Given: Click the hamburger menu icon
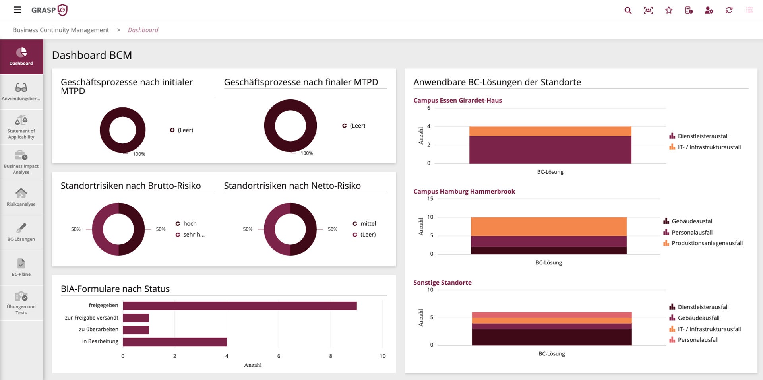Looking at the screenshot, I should (x=17, y=10).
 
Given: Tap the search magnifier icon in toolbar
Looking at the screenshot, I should (x=628, y=10).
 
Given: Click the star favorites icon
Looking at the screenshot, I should (x=669, y=10).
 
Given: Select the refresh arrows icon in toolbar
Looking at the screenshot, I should (x=729, y=10).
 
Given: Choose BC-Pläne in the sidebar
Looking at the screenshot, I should (x=21, y=268).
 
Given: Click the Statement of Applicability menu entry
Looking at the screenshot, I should (x=21, y=127).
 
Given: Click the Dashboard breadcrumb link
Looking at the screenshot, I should (x=143, y=30).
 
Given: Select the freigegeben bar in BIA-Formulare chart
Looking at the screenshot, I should (x=240, y=306).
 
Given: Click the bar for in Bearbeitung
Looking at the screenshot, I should (x=175, y=342).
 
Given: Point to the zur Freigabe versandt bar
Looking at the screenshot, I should (x=136, y=318).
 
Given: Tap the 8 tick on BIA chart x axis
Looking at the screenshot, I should (x=331, y=356).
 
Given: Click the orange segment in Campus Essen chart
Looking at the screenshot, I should (x=550, y=131).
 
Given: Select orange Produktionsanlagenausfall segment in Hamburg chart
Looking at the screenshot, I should (x=548, y=227).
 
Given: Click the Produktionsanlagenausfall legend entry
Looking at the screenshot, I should (x=707, y=243).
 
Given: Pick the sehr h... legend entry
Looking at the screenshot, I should (x=194, y=235).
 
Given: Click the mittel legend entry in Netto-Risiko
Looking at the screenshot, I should (x=368, y=224).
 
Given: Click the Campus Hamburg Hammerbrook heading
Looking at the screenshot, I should (x=464, y=192).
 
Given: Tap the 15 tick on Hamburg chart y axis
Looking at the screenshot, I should (x=430, y=199).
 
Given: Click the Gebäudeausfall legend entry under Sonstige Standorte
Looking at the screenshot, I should (x=698, y=318).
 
